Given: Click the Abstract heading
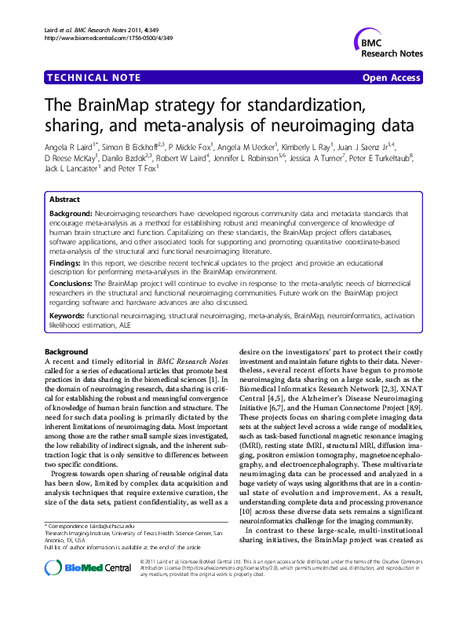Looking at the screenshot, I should coord(64,200).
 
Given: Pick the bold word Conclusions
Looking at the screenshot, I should coord(71,281).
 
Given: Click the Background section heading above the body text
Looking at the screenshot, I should coord(66,351).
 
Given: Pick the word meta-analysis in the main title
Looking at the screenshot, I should coord(169,126).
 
